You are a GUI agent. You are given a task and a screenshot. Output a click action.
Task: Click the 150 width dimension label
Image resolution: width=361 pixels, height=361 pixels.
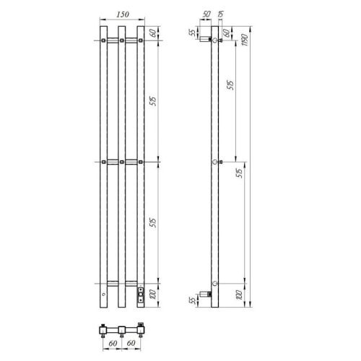123,13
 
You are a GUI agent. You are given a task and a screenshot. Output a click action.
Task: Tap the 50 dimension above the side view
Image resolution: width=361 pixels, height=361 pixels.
206,14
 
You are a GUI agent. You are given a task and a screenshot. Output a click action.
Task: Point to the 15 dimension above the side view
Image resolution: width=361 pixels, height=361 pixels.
220,14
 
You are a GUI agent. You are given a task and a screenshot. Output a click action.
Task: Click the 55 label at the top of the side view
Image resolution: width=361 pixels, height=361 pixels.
193,32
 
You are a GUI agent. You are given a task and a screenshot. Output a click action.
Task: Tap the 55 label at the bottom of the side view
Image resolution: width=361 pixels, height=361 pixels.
193,299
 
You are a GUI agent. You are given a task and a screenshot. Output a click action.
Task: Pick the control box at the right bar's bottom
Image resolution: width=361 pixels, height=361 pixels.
140,293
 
